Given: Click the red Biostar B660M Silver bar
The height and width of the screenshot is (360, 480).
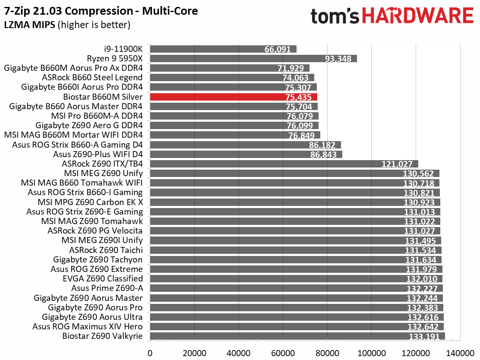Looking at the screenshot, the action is [x=234, y=97].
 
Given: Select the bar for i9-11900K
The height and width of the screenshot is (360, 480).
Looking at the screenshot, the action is [x=223, y=49].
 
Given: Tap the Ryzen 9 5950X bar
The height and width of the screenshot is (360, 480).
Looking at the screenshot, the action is [x=253, y=58].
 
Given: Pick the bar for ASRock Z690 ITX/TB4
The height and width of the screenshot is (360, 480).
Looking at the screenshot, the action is [x=284, y=164].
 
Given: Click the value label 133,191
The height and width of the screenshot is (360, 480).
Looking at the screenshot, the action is [x=424, y=337].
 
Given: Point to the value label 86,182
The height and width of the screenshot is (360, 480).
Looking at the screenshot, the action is [x=322, y=145].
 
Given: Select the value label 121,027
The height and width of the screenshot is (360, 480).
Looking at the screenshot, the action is [x=397, y=164].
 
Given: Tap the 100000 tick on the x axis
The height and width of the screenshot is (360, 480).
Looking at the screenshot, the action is [x=371, y=353].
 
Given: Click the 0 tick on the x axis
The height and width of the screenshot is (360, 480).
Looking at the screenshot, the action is [x=150, y=353].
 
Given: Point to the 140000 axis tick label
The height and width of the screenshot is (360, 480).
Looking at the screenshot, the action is [x=460, y=353].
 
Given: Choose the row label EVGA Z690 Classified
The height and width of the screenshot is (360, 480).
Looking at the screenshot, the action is [x=103, y=278].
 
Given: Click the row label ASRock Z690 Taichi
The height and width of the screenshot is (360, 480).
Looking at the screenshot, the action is [x=106, y=250].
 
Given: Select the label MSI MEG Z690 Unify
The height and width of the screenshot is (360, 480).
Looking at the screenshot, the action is [x=104, y=173].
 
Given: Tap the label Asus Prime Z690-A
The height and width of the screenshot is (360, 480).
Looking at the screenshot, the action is [x=107, y=288].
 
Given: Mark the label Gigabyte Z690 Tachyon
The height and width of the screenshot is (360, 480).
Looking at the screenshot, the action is [x=98, y=259].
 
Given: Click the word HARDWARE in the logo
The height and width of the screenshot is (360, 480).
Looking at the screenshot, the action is [x=418, y=16].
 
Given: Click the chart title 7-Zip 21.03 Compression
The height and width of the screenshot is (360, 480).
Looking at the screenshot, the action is [x=68, y=11].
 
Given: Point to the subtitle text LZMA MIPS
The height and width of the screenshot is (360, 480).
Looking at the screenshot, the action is [x=30, y=25].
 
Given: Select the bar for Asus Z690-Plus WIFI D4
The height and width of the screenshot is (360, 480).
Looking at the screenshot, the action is [x=246, y=154].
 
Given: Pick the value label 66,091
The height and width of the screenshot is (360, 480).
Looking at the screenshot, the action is [x=278, y=49].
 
